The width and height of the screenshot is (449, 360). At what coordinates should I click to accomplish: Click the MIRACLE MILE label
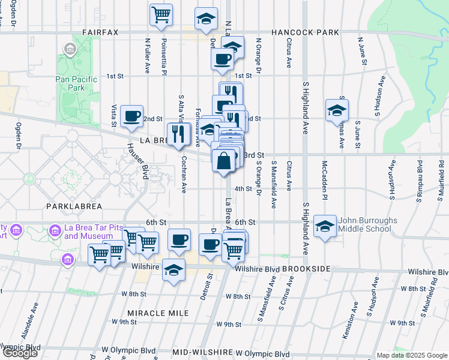pos(158,313)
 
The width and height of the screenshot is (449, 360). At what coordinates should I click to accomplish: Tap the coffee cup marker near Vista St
pos(131,116)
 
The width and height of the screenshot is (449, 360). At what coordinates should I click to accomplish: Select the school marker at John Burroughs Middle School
pos(325,226)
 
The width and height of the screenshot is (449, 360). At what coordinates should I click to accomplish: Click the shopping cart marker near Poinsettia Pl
pos(161,14)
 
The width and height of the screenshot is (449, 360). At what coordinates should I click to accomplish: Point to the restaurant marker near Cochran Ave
pos(178,134)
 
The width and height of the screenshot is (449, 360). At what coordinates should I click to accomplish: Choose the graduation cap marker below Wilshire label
pos(174,269)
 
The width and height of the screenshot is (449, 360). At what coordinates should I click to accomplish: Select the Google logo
pos(20,352)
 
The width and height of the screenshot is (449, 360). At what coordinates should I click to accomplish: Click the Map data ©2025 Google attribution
pos(411,355)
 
